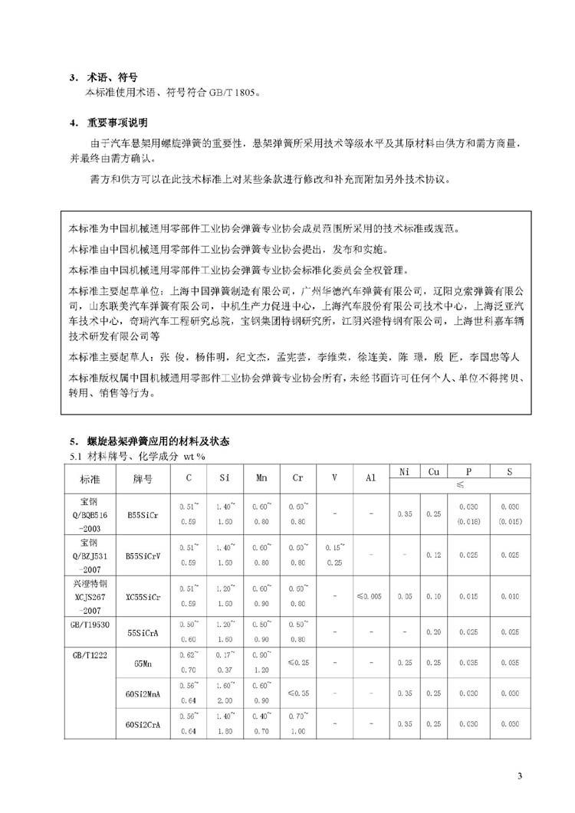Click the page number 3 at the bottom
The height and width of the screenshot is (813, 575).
tap(520, 777)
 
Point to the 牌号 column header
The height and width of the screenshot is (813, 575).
tap(142, 479)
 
